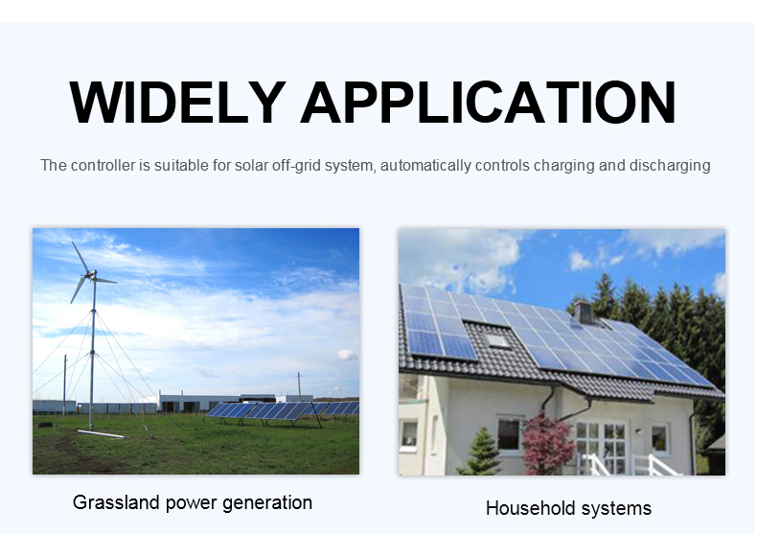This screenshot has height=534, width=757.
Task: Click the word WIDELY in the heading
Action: pyautogui.click(x=177, y=103)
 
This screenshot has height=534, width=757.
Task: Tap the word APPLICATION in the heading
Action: pyautogui.click(x=488, y=103)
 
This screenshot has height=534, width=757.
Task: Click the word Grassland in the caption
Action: pyautogui.click(x=116, y=502)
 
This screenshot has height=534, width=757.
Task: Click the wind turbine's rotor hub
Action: pyautogui.click(x=91, y=275)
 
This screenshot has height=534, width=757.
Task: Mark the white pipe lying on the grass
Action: pyautogui.click(x=101, y=434)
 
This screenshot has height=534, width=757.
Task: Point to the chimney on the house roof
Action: pyautogui.click(x=584, y=312)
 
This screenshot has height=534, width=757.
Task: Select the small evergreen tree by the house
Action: pyautogui.click(x=481, y=452)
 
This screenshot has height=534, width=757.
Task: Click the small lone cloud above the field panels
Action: pyautogui.click(x=347, y=355)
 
